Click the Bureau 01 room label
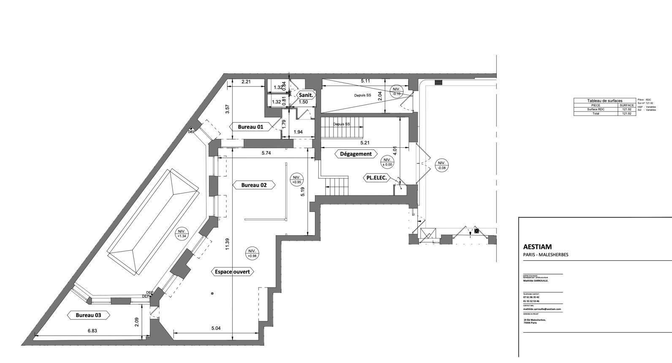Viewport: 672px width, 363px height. [x=250, y=127]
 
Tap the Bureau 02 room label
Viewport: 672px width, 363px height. [x=254, y=185]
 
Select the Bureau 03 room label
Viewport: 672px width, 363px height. [x=88, y=315]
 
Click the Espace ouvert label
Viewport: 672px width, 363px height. [x=232, y=272]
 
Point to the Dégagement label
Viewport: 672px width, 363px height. [x=355, y=154]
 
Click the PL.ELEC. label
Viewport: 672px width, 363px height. [x=375, y=178]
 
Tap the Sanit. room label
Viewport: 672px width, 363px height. [x=305, y=95]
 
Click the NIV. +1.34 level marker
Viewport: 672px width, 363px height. [x=182, y=234]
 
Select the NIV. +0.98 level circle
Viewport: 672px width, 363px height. [x=252, y=253]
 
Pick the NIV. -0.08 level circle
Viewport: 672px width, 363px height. [x=442, y=165]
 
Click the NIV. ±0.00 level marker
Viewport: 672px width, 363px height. [x=387, y=162]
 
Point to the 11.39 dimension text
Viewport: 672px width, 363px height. [x=227, y=244]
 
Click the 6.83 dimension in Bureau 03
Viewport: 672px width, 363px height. [x=92, y=331]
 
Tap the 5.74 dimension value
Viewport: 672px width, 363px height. [x=266, y=153]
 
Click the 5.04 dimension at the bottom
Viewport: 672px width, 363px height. [x=215, y=328]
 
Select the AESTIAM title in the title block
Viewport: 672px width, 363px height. [x=537, y=247]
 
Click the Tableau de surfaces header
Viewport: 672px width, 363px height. [x=604, y=100]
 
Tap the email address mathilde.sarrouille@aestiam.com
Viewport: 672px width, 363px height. [x=542, y=309]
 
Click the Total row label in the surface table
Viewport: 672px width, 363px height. [x=595, y=114]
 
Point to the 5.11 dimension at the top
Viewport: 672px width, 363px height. [x=365, y=81]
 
